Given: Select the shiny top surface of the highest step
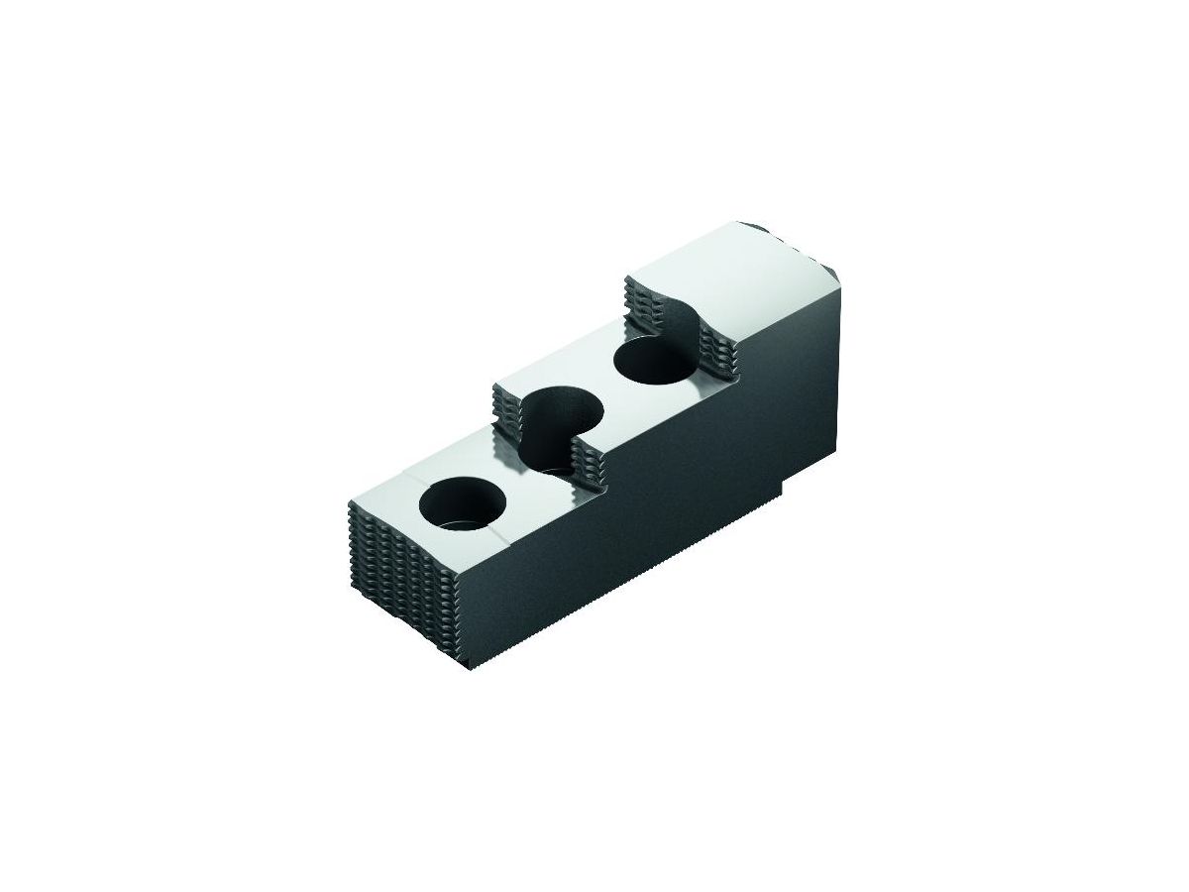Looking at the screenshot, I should (x=733, y=263).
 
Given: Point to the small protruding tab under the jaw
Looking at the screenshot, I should (x=786, y=489).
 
